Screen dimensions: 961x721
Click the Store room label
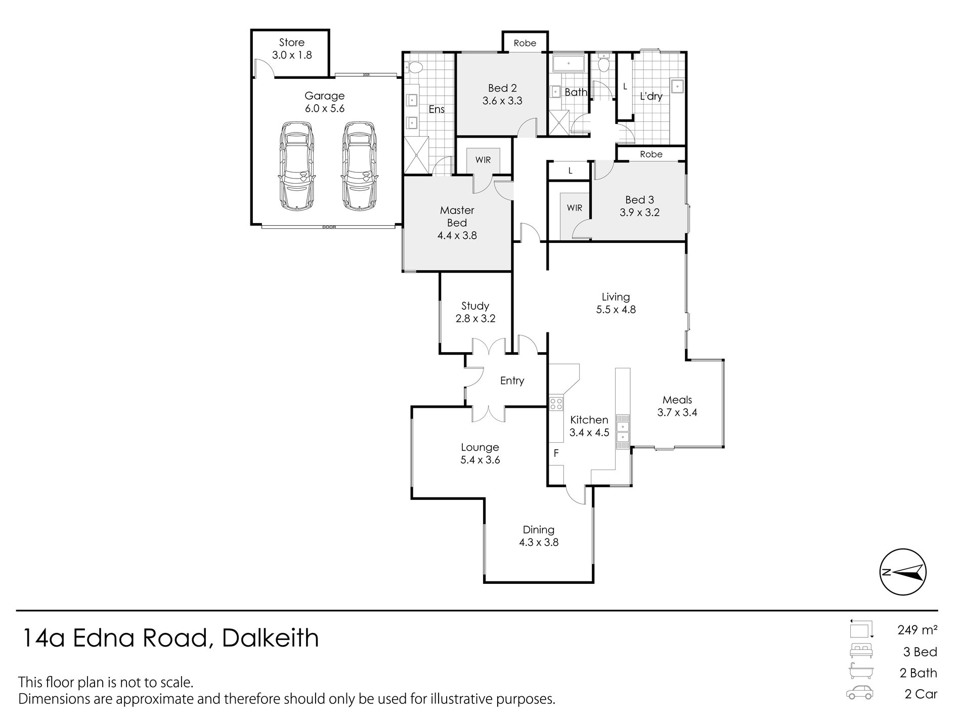(x=292, y=43)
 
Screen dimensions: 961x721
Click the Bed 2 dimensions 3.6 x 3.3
(x=502, y=101)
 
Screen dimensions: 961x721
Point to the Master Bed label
(x=457, y=217)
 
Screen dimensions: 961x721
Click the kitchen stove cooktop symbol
(x=556, y=404)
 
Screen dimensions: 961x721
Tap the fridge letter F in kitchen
(x=556, y=453)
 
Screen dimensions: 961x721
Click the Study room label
(x=475, y=306)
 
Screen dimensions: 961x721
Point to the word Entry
(x=512, y=380)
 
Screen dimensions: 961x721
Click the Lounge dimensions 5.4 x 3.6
(x=480, y=460)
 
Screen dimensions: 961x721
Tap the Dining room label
(x=539, y=530)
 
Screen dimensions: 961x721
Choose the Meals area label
(x=677, y=400)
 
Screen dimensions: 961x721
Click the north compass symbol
(x=903, y=572)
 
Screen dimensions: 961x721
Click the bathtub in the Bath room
(x=569, y=64)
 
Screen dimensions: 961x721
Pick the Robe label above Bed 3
(x=651, y=154)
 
